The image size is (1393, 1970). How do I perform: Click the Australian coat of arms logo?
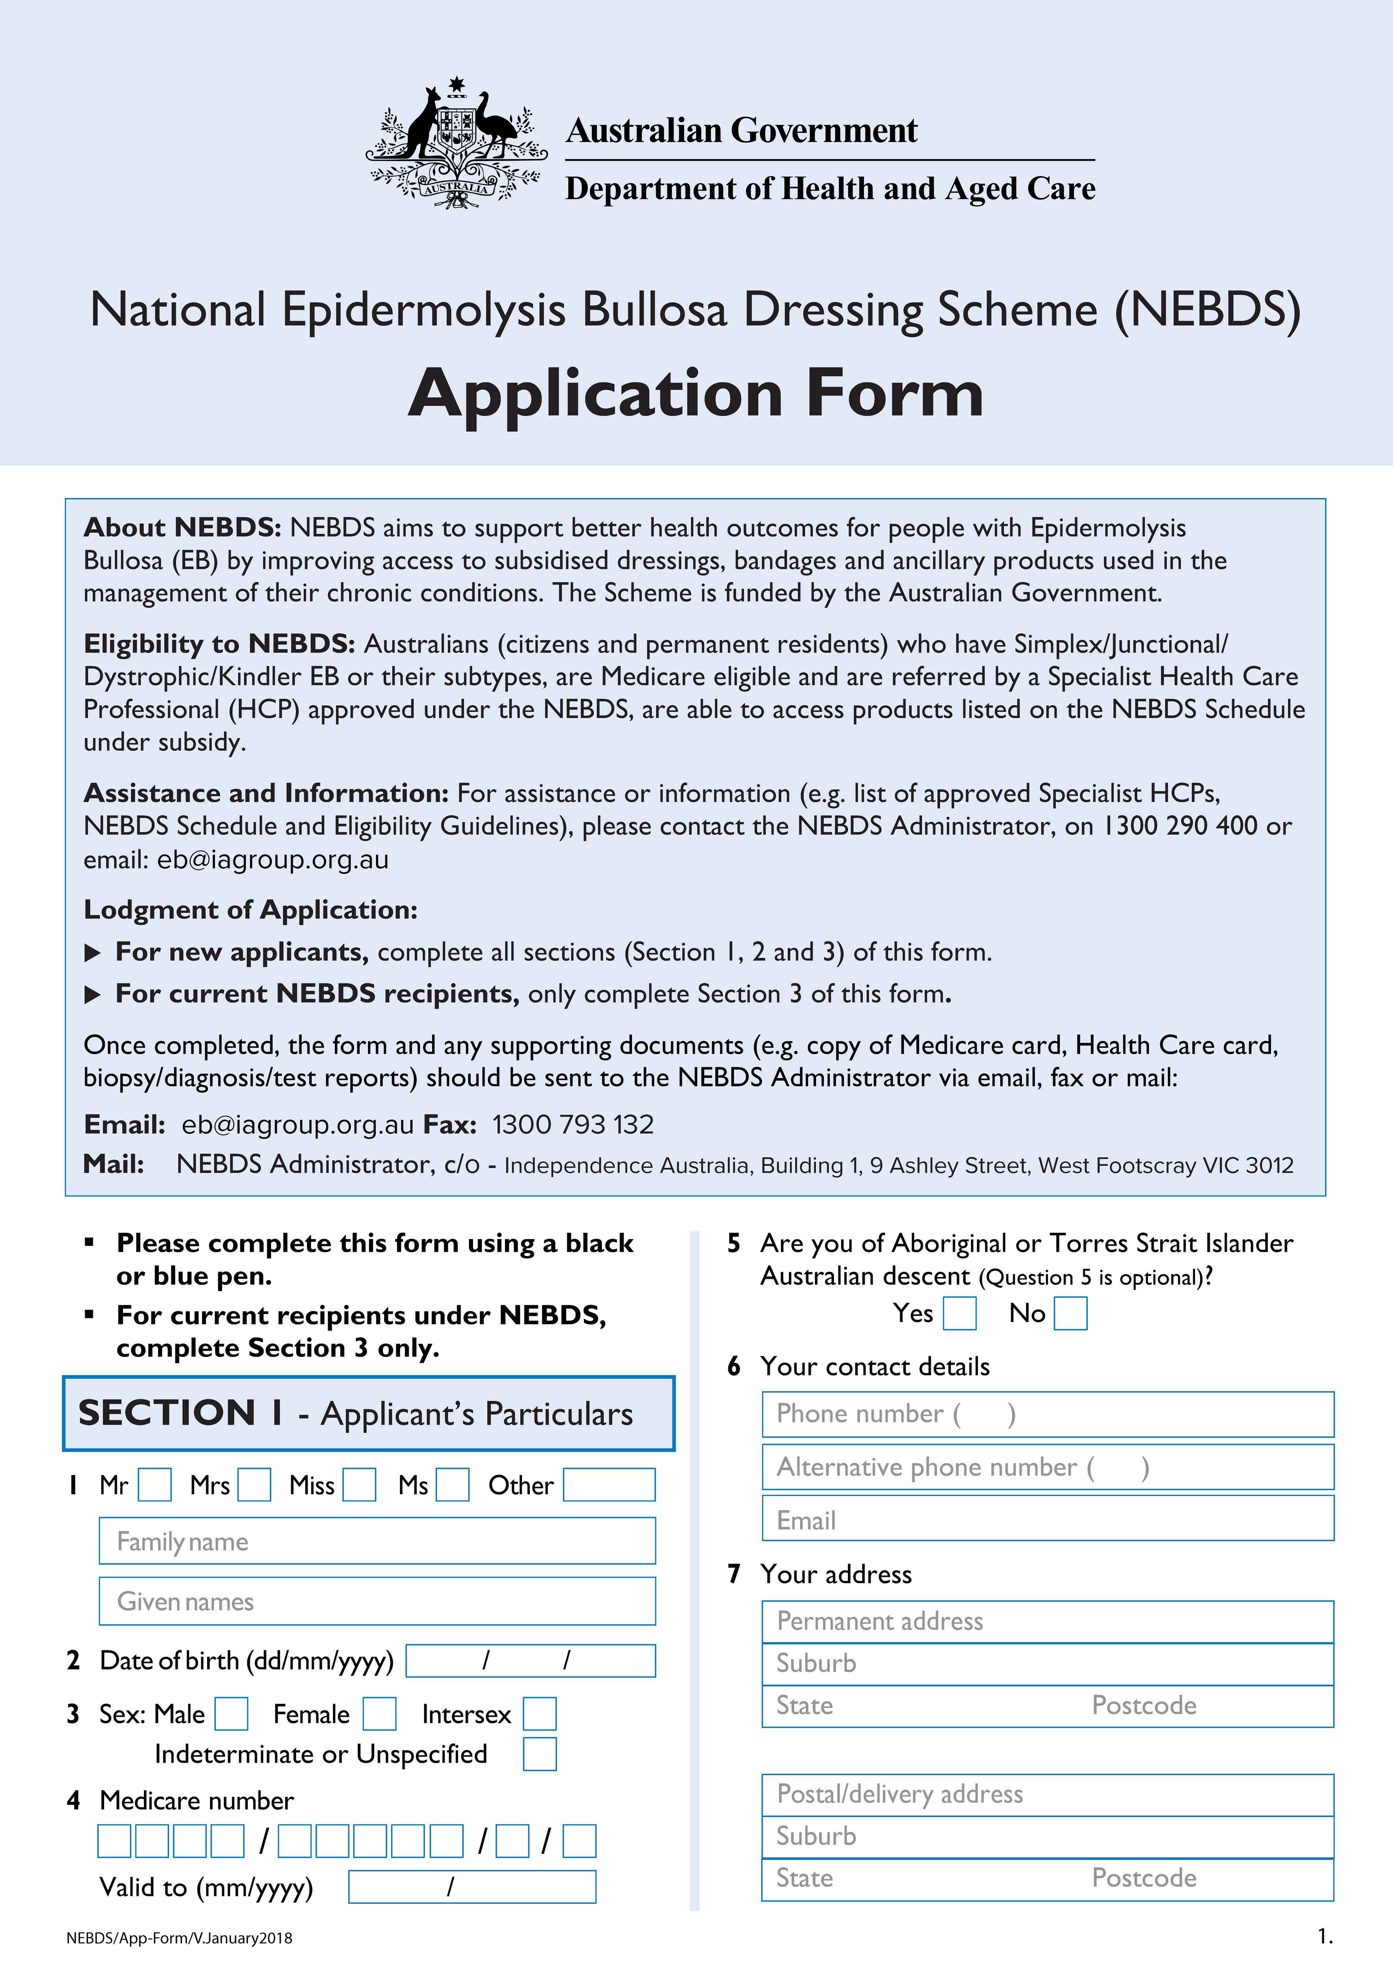tap(456, 144)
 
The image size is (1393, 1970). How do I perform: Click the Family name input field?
tap(377, 1541)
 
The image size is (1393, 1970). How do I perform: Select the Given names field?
tap(377, 1601)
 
